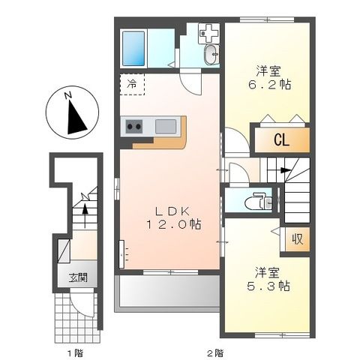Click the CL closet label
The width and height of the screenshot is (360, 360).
tap(282, 140)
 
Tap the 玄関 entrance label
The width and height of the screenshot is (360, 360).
tap(78, 277)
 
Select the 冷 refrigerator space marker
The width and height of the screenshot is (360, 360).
tap(132, 85)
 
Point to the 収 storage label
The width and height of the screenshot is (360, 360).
tap(298, 239)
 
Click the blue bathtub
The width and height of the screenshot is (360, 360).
tap(133, 49)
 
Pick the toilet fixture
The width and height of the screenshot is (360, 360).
tap(259, 200)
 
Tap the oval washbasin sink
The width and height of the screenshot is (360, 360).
tap(211, 55)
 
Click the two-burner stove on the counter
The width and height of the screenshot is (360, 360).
tap(133, 127)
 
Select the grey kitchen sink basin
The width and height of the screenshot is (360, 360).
tap(166, 126)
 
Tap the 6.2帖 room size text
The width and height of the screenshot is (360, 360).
tap(269, 85)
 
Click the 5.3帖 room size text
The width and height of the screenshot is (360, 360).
tap(268, 286)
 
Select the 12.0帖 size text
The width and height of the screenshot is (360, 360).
tap(173, 224)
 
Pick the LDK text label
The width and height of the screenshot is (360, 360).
tap(172, 211)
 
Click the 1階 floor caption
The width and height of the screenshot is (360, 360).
tap(75, 353)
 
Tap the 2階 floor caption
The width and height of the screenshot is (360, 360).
tap(215, 353)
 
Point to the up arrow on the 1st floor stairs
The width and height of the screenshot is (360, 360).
tap(85, 215)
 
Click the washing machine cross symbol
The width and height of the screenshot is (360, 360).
tap(208, 33)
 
